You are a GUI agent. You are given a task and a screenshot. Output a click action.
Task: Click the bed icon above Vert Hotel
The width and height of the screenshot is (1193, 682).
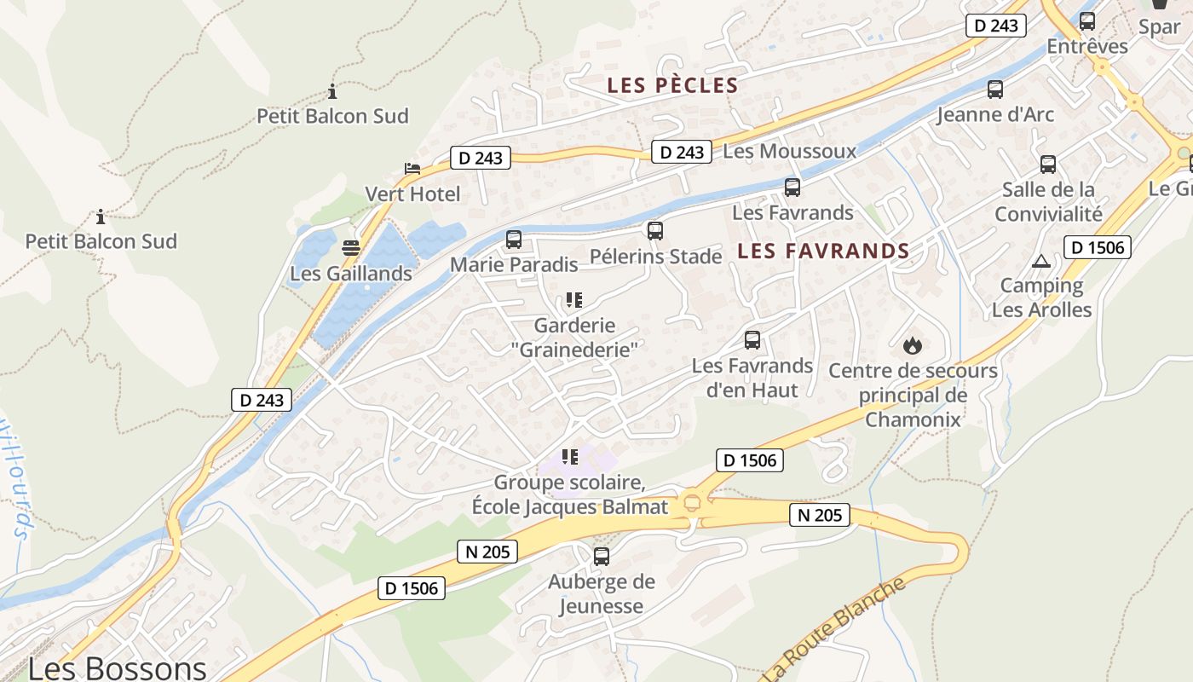(x=412, y=168)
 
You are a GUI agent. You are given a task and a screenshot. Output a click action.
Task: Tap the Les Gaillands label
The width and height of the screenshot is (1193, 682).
(x=351, y=274)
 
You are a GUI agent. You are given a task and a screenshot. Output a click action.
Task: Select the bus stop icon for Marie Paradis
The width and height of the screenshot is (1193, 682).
(x=514, y=240)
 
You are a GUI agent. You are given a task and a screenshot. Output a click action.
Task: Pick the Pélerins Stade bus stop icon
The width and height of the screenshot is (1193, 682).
(x=655, y=231)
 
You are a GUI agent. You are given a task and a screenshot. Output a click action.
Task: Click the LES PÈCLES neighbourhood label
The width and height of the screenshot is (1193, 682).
(x=672, y=85)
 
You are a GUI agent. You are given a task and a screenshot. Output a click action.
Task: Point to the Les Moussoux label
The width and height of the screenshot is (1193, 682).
(x=789, y=152)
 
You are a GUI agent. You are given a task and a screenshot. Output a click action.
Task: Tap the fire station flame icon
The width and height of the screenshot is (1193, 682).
(x=913, y=345)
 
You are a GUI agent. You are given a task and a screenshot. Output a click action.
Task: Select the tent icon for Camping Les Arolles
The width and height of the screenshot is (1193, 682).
(x=1040, y=261)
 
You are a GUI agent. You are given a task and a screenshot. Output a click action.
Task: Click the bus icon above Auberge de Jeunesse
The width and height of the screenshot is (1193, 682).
(x=602, y=557)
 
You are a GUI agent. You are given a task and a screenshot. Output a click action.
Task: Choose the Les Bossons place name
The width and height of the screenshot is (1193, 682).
(x=117, y=668)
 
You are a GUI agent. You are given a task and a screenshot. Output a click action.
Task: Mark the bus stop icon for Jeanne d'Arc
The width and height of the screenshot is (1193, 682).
(x=995, y=90)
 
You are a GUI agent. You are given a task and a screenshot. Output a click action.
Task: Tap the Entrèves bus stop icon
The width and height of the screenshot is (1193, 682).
(x=1087, y=21)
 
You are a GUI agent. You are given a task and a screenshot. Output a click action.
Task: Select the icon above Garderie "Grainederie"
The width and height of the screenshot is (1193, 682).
(x=574, y=300)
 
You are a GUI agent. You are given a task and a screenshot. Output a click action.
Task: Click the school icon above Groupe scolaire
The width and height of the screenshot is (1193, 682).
(x=570, y=458)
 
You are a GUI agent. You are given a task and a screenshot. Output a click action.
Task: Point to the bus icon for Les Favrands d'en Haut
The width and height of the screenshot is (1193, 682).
(x=752, y=340)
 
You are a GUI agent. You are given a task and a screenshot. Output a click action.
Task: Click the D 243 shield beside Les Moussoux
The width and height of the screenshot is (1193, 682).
(x=682, y=152)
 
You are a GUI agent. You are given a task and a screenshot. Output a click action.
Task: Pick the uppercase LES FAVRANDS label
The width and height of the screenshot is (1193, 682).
(x=823, y=251)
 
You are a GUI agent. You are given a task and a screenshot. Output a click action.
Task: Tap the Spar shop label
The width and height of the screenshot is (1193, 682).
(x=1159, y=26)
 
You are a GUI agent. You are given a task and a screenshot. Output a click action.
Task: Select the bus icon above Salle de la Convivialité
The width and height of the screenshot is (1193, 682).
(x=1048, y=165)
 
